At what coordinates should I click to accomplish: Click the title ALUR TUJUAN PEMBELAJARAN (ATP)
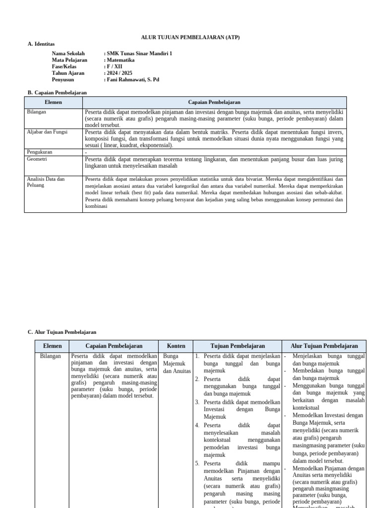pyautogui.click(x=190, y=38)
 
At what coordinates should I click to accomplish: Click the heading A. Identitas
pyautogui.click(x=41, y=44)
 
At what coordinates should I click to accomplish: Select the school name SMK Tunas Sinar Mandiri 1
pyautogui.click(x=139, y=54)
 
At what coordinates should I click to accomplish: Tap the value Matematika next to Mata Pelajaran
pyautogui.click(x=121, y=60)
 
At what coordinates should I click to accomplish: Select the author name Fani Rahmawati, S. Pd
pyautogui.click(x=132, y=79)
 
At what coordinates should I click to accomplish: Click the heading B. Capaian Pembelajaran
pyautogui.click(x=57, y=92)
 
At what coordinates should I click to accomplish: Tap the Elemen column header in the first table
pyautogui.click(x=53, y=102)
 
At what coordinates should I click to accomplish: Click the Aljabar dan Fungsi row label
pyautogui.click(x=47, y=132)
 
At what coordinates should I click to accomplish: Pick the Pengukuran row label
pyautogui.click(x=39, y=152)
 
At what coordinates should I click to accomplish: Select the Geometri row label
pyautogui.click(x=37, y=159)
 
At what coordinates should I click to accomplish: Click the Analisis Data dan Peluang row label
pyautogui.click(x=46, y=182)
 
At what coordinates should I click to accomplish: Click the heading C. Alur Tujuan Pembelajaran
pyautogui.click(x=62, y=332)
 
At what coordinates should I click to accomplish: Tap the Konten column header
pyautogui.click(x=176, y=346)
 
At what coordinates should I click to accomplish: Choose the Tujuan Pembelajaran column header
pyautogui.click(x=238, y=346)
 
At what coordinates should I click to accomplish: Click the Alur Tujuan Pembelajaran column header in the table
pyautogui.click(x=324, y=346)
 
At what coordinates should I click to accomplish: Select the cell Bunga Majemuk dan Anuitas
pyautogui.click(x=176, y=364)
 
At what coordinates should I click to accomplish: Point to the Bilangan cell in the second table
pyautogui.click(x=51, y=356)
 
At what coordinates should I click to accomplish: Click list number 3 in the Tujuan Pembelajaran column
pyautogui.click(x=197, y=402)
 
